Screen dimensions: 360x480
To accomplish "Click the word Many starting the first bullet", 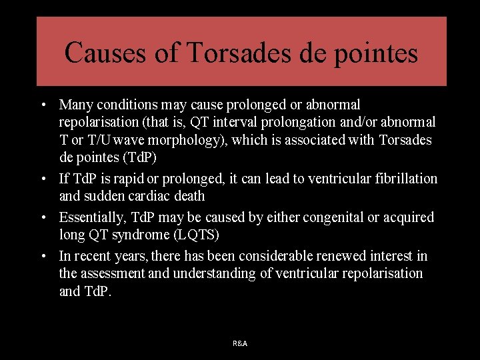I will tap(75, 105).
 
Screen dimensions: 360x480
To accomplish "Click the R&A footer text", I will tap(240, 343).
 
